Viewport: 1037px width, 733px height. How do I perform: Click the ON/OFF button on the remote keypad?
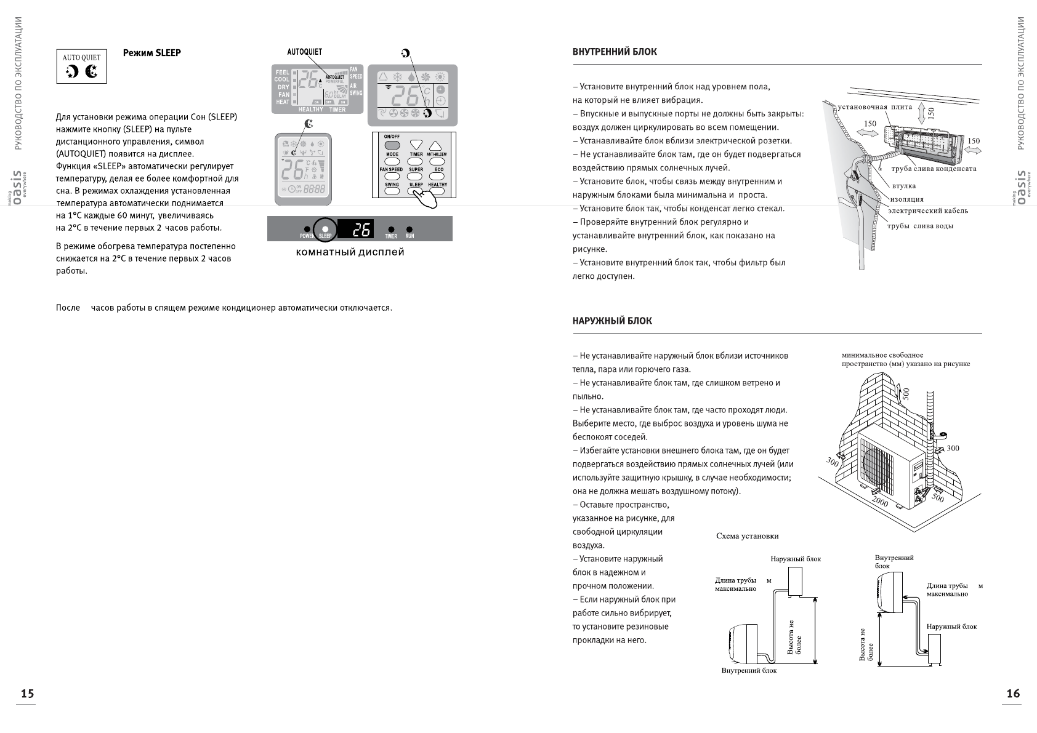coord(392,145)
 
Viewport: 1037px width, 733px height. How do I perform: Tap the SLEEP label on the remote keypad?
coord(416,185)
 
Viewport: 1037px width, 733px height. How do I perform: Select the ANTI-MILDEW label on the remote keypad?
coord(437,154)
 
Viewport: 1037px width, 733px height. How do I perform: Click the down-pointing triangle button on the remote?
coord(416,145)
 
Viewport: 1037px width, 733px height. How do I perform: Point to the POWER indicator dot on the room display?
coord(307,230)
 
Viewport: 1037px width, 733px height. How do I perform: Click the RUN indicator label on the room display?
coord(410,236)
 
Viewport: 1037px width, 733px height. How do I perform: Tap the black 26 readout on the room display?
coord(361,229)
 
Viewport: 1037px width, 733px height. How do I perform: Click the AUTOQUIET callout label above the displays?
coord(304,52)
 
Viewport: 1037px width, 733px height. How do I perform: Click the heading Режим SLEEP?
coord(151,53)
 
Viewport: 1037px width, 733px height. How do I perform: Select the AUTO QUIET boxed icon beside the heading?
coord(82,67)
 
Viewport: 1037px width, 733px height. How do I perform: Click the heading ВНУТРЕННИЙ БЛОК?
coord(615,52)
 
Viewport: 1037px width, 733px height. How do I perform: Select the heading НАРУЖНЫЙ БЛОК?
coord(612,321)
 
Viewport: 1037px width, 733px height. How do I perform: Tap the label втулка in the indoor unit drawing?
coord(903,186)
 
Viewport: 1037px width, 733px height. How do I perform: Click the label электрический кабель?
coord(927,211)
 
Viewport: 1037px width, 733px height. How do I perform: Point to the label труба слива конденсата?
coord(934,169)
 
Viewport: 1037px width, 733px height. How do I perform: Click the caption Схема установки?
coord(747,536)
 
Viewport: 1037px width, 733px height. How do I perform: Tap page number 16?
coord(1013,694)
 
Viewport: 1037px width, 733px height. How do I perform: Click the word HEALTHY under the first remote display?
coord(310,110)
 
